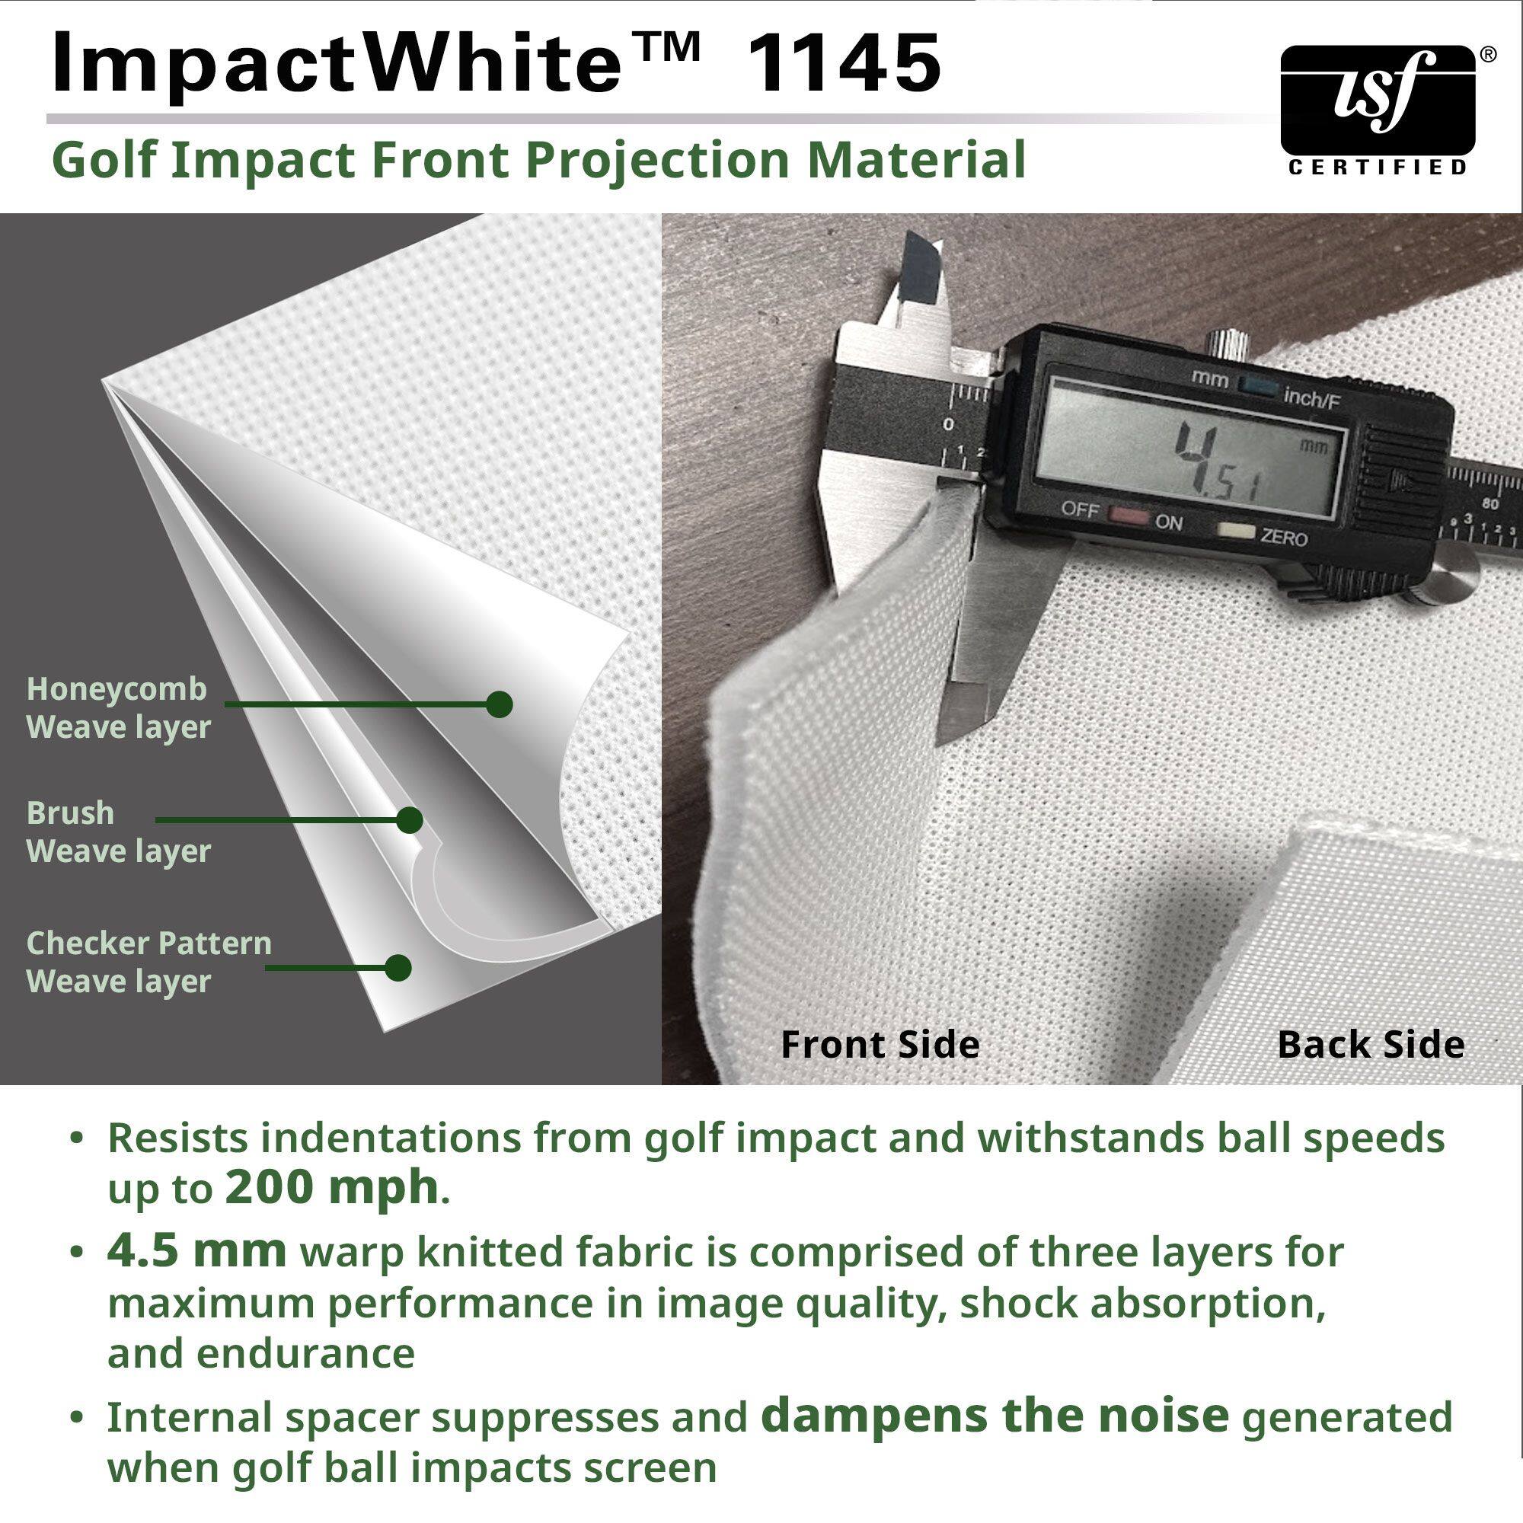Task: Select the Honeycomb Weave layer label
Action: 117,708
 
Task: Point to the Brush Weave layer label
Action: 118,832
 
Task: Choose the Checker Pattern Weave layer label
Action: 148,962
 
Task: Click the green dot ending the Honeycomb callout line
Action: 499,704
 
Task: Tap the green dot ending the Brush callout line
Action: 408,820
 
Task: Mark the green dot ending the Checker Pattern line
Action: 398,967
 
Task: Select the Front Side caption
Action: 880,1045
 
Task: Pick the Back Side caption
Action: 1370,1045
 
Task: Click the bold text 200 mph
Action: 331,1187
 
